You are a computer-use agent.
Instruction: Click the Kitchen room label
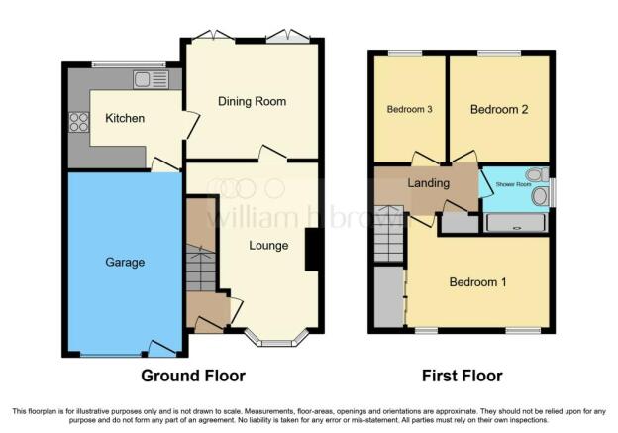tap(125, 118)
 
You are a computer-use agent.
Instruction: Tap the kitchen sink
tap(151, 80)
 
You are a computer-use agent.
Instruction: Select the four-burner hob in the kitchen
tap(79, 122)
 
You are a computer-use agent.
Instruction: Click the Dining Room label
tap(252, 101)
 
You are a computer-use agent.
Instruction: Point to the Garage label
tap(125, 262)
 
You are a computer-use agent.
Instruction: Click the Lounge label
tap(268, 246)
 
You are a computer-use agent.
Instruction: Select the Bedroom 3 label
tap(409, 109)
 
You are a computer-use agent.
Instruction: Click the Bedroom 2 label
tap(499, 109)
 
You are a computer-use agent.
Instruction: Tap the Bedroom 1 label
tap(477, 282)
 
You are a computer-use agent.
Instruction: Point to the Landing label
tap(428, 183)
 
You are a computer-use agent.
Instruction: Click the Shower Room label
tap(513, 184)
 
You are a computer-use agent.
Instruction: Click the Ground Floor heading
tap(193, 376)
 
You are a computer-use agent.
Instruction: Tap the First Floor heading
tap(462, 376)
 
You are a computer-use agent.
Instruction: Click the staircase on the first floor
tap(388, 234)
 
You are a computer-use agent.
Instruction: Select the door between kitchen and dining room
tap(192, 125)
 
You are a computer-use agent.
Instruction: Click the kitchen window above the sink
tap(129, 64)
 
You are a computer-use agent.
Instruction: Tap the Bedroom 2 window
tap(499, 53)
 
